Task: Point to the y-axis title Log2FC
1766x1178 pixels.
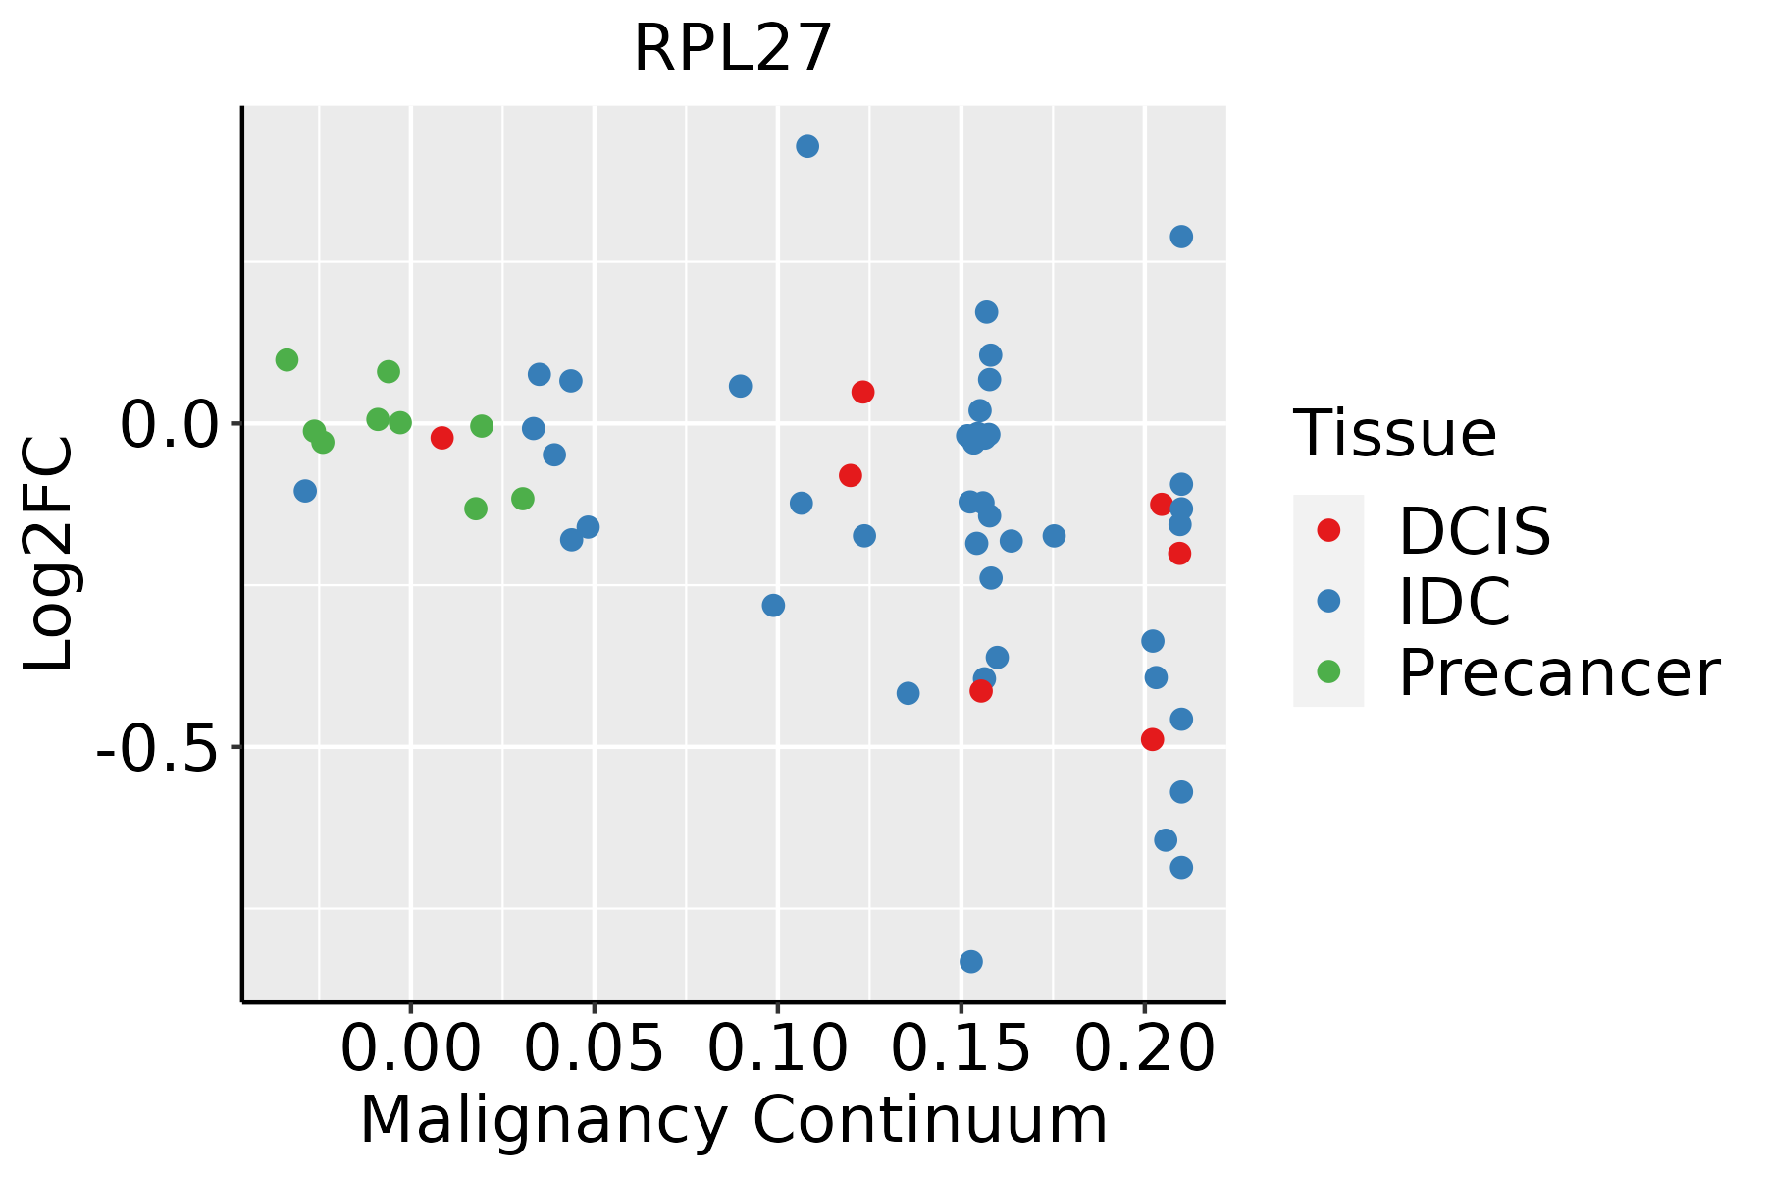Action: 49,554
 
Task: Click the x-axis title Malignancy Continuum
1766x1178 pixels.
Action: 733,1121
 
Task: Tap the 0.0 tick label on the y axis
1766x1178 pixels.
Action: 168,424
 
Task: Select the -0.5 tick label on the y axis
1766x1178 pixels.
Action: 157,748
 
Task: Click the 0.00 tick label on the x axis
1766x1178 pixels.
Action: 410,1049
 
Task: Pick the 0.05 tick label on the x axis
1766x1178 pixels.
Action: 594,1049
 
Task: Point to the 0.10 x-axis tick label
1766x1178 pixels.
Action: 777,1049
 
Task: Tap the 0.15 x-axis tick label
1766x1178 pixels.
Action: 961,1049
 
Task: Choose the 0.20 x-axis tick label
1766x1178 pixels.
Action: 1144,1049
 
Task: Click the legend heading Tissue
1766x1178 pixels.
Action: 1394,433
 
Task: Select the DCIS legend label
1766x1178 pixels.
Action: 1474,531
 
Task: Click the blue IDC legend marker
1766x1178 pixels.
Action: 1328,601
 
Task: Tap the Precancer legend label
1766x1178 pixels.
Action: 1558,673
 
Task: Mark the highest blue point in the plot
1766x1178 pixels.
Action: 807,147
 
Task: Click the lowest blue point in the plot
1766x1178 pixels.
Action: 971,961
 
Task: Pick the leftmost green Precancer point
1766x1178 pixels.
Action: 286,360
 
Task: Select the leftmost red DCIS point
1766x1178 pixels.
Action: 442,438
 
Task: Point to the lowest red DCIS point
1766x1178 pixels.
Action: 1153,739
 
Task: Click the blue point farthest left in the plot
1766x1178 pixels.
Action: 305,491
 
